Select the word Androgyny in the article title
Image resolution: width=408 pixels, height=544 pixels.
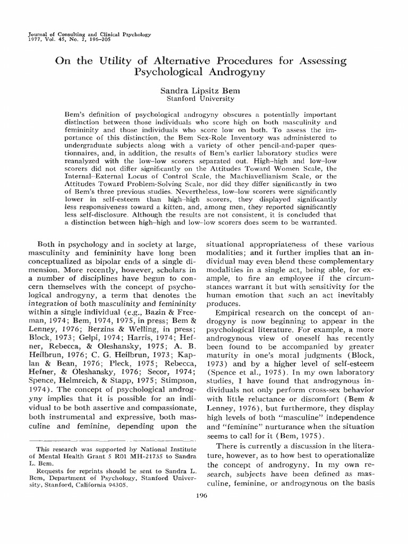[x=236, y=72]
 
